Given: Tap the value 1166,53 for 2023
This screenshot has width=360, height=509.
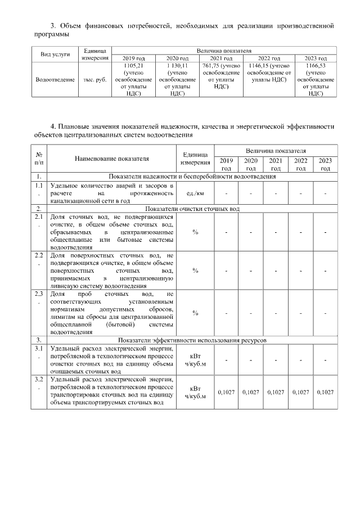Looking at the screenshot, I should (x=317, y=65).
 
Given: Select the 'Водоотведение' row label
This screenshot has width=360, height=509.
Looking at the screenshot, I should (x=55, y=79).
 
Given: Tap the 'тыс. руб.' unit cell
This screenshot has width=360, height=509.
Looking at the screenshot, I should (x=94, y=79).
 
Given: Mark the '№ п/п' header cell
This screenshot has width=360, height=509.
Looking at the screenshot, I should (x=39, y=159).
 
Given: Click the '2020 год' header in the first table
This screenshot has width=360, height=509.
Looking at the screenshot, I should (x=179, y=58).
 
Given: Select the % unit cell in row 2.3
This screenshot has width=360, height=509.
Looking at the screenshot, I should (x=195, y=313).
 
